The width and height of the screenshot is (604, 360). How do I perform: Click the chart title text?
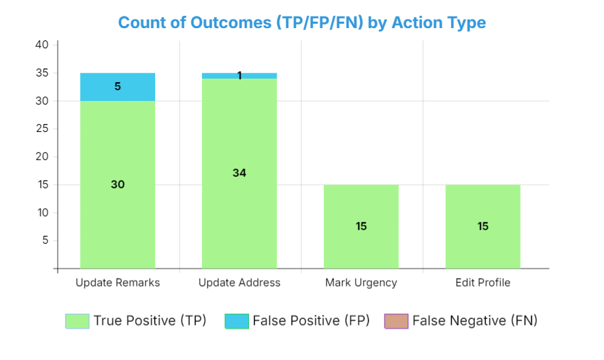click(x=302, y=22)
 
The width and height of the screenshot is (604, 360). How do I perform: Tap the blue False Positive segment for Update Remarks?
click(x=118, y=87)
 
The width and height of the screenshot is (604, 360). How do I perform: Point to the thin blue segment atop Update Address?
click(x=239, y=76)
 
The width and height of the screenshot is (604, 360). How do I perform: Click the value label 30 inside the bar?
click(x=118, y=185)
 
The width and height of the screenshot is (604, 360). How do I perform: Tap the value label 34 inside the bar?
click(x=240, y=173)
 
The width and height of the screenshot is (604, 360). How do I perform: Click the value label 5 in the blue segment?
click(x=118, y=87)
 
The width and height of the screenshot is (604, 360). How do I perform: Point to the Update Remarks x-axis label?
click(x=118, y=283)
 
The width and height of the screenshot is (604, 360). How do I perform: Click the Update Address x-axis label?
click(x=239, y=283)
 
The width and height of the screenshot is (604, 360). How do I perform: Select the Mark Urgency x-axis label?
click(x=361, y=283)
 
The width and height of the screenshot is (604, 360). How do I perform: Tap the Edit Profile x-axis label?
click(x=483, y=283)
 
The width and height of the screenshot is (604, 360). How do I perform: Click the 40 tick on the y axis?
click(x=42, y=45)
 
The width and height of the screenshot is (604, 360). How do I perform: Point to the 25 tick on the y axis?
click(x=42, y=129)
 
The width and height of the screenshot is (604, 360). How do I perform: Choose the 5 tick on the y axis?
click(x=45, y=241)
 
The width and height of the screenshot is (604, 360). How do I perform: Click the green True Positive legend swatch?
click(x=77, y=321)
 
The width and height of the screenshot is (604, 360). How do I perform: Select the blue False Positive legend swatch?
click(x=237, y=321)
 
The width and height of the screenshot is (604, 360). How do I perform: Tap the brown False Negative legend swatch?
click(x=396, y=321)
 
